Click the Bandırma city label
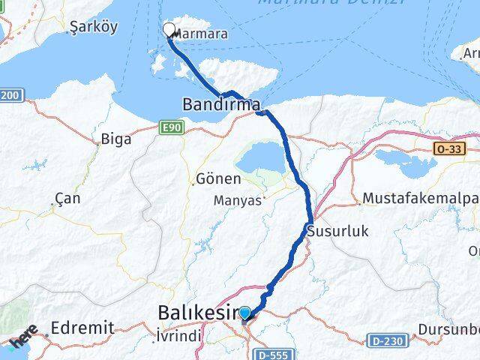coord(220,103)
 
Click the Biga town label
coord(116,139)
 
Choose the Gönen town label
coord(218,179)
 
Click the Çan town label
coord(67,199)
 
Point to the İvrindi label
coord(178,337)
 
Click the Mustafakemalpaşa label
coord(420,199)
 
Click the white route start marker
coord(169,30)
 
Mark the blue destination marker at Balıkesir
coord(244,312)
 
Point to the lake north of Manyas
coord(259,159)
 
